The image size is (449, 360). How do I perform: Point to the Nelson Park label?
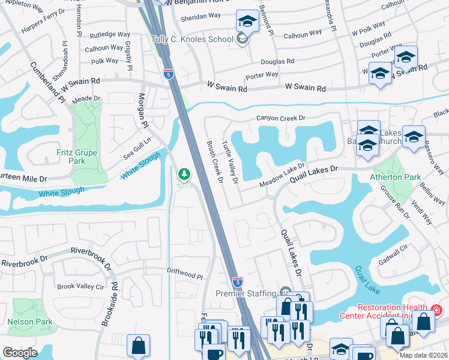tap(29, 322)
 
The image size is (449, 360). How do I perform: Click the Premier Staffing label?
tap(247, 294)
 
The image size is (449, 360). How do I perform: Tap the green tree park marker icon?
tap(184, 175)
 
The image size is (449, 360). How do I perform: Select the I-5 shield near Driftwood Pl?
tap(237, 280)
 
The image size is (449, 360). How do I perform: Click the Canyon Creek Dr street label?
tap(282, 118)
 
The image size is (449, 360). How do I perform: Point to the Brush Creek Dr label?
tap(214, 162)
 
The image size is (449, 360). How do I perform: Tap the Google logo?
tap(20, 352)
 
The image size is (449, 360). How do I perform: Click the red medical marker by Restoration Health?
tap(436, 310)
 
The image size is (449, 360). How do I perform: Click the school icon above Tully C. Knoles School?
tap(246, 21)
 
